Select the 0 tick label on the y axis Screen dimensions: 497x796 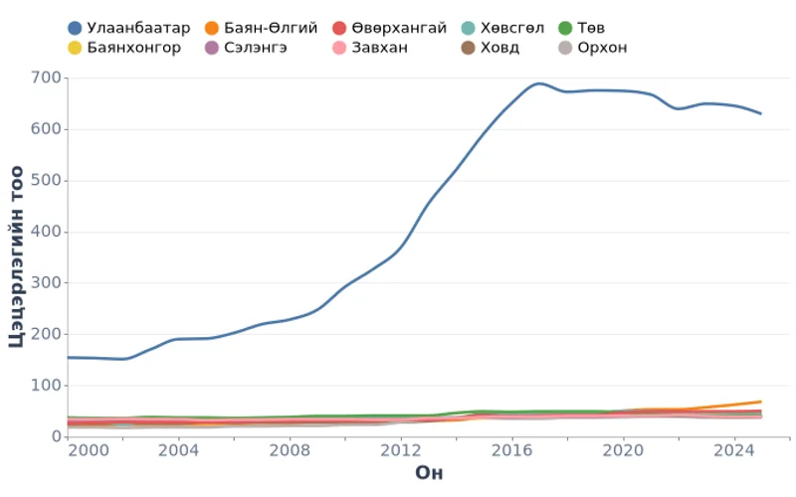point(56,436)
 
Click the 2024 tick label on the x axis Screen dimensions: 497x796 point(734,450)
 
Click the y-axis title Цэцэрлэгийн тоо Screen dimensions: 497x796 point(17,256)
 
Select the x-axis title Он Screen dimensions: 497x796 point(429,473)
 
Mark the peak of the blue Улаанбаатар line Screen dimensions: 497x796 point(540,83)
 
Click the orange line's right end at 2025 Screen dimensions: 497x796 point(761,402)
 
